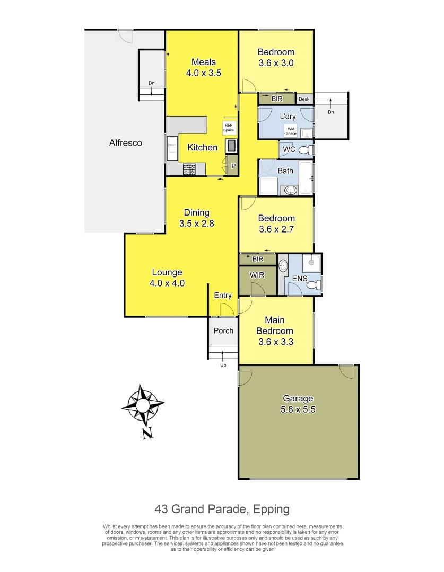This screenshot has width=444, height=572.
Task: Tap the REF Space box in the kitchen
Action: click(x=229, y=128)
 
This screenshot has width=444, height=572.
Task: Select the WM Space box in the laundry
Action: click(x=291, y=131)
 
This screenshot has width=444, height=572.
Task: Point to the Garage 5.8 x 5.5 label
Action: click(x=298, y=404)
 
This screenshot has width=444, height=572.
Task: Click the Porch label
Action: click(x=223, y=330)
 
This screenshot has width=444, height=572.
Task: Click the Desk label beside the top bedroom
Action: click(x=304, y=99)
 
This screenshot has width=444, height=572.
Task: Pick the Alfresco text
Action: click(x=125, y=142)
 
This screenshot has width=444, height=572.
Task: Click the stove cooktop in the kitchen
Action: click(x=190, y=169)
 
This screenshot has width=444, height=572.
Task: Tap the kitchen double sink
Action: click(x=172, y=148)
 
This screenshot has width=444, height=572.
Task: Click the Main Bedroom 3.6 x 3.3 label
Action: click(x=275, y=331)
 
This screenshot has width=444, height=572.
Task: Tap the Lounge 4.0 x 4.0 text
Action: click(x=167, y=278)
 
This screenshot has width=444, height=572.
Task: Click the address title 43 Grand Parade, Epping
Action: click(x=222, y=510)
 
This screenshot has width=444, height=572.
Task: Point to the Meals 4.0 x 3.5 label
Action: click(x=203, y=68)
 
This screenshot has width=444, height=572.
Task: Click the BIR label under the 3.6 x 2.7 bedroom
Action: click(x=258, y=259)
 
